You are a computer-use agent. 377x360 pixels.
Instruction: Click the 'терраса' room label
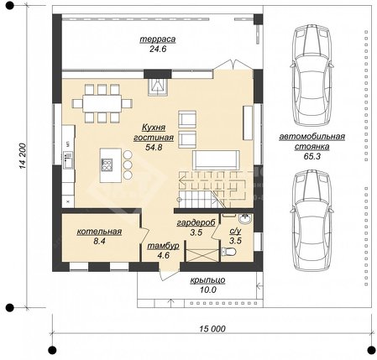(158, 39)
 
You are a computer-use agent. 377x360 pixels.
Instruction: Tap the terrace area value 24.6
(158, 50)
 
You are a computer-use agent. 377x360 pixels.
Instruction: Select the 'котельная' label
(99, 232)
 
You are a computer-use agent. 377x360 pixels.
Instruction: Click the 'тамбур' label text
(163, 246)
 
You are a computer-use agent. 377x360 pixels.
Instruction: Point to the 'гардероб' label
(196, 222)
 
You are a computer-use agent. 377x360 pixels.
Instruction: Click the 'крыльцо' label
(207, 279)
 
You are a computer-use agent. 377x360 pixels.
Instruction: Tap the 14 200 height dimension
(23, 156)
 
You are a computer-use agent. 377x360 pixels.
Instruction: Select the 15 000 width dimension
(212, 329)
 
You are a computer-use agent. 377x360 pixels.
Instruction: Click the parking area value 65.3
(312, 156)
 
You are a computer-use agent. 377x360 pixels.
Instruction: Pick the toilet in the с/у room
(228, 252)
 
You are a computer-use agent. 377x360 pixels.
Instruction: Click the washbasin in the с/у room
(246, 219)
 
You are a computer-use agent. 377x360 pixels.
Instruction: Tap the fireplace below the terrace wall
(158, 86)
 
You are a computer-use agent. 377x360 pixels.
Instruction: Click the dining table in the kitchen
(102, 103)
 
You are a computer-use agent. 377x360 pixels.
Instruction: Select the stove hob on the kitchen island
(107, 164)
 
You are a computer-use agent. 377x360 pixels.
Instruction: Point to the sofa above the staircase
(216, 160)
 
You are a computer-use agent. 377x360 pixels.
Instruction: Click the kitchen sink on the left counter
(68, 160)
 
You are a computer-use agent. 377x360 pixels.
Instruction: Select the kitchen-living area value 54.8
(154, 148)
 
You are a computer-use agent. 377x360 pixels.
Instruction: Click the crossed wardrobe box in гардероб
(202, 256)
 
